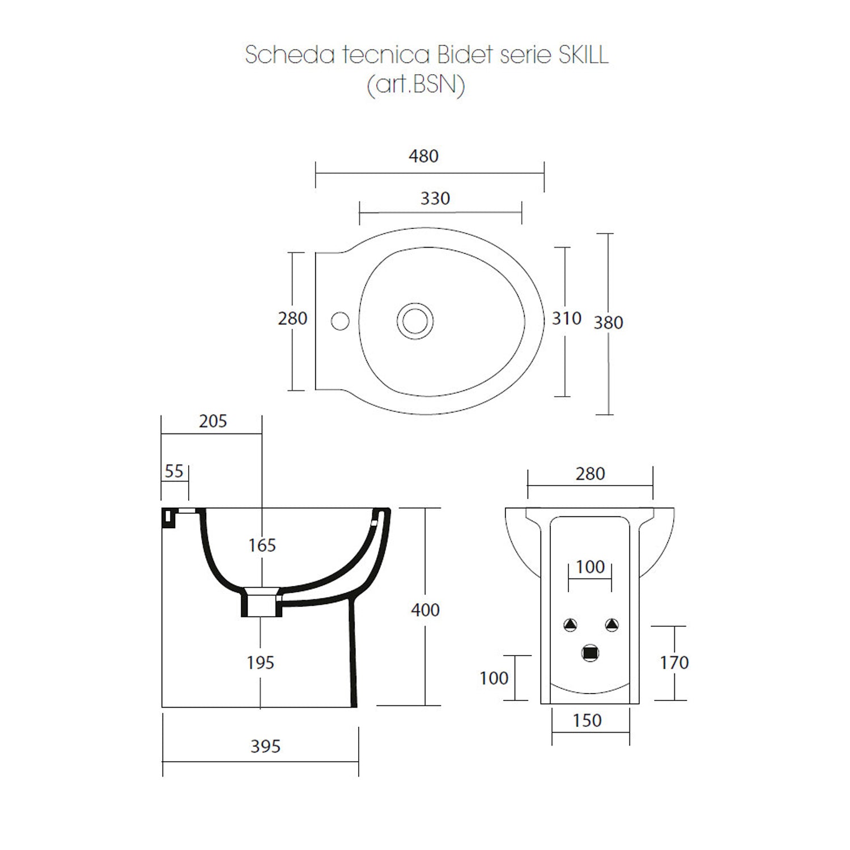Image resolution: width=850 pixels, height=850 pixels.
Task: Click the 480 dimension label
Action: [423, 156]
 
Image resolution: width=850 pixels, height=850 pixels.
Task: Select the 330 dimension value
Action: [435, 198]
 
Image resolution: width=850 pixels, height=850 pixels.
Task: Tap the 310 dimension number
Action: [566, 318]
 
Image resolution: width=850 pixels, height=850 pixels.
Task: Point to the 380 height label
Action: [608, 322]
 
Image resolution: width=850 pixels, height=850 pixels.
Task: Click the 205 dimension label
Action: [212, 421]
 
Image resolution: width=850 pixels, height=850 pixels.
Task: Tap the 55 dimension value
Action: [174, 471]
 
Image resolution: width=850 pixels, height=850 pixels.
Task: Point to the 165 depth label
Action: [262, 545]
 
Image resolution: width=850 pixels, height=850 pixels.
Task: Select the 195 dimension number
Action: [260, 662]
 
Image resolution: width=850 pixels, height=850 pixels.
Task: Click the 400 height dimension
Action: [425, 610]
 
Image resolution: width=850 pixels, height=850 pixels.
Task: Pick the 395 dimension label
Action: [265, 746]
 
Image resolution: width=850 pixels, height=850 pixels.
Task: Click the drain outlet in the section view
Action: [261, 603]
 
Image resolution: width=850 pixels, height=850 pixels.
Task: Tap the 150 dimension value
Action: [586, 720]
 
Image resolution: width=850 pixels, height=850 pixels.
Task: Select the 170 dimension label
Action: [674, 662]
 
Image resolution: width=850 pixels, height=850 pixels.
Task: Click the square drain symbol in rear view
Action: [590, 653]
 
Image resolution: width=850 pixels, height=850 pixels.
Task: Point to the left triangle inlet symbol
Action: [569, 625]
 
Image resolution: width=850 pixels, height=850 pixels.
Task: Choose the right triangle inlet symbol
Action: [611, 625]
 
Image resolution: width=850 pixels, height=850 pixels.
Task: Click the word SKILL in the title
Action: [584, 55]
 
